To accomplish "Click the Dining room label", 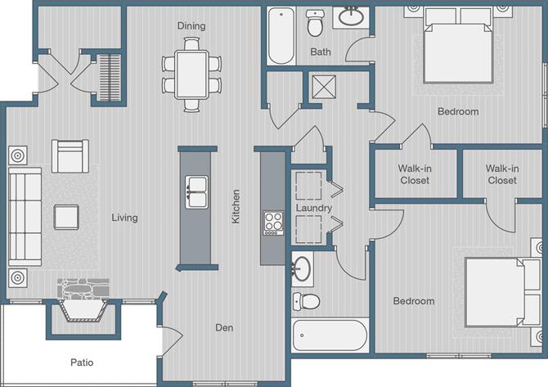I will click(191, 26).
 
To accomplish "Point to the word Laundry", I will click(313, 209).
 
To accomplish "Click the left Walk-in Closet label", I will click(415, 174).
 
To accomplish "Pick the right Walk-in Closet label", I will click(501, 174).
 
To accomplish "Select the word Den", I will click(225, 328).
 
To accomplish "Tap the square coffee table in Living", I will click(66, 216).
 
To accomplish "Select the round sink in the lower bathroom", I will click(302, 267).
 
